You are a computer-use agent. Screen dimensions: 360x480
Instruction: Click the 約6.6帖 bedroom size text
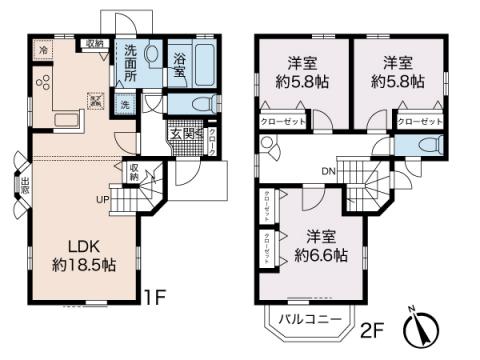click(x=319, y=255)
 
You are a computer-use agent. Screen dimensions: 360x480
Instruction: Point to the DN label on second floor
click(x=327, y=169)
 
